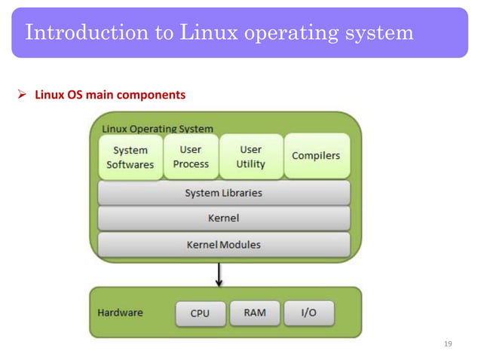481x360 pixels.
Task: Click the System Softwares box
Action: [130, 157]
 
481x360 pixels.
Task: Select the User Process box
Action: [191, 157]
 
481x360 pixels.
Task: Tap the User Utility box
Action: [251, 157]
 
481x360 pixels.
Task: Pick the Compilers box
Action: [316, 156]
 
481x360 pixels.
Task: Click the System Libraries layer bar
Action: [224, 194]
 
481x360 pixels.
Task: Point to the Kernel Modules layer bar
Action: [224, 245]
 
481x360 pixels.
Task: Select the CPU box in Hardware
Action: [200, 313]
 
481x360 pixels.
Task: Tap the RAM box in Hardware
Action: [255, 313]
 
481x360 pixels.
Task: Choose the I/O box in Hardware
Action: [309, 313]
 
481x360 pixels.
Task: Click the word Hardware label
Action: [121, 312]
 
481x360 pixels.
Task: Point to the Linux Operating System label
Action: [158, 129]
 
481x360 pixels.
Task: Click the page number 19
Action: [449, 344]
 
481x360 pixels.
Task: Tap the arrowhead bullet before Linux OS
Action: [22, 96]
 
